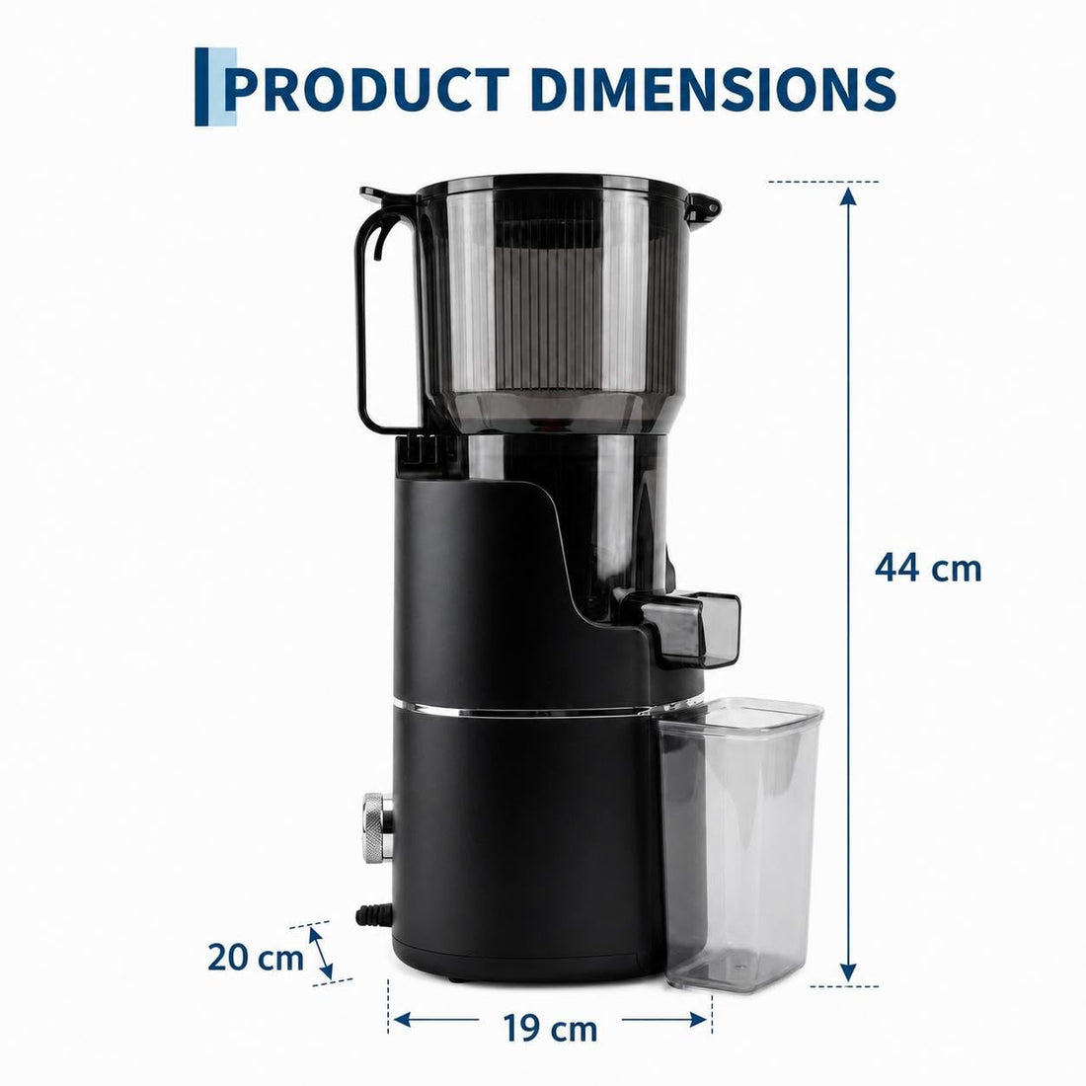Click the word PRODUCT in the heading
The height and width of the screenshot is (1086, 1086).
coord(367,89)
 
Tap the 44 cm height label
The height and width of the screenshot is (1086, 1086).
coord(928,568)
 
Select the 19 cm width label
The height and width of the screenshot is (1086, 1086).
coord(550,1028)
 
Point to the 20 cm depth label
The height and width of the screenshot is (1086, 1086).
coord(256,958)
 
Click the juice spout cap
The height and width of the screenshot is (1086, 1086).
coord(689,628)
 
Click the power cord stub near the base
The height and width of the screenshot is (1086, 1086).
coord(373,915)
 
